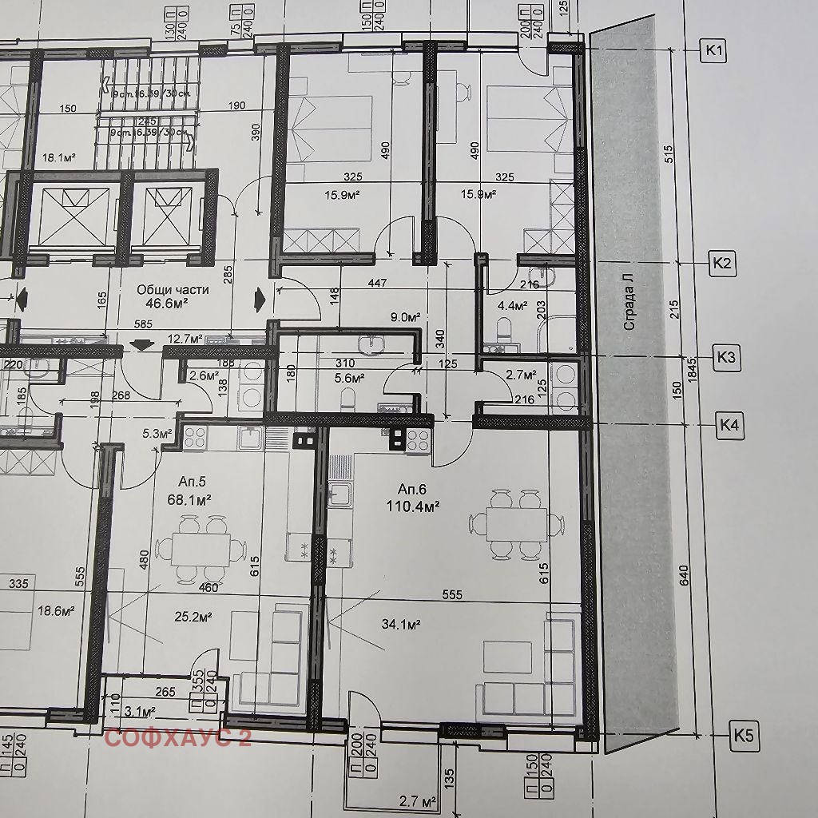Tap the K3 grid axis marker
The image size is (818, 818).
pos(725,358)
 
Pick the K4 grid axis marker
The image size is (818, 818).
pos(729,424)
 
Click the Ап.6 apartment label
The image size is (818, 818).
pos(415,489)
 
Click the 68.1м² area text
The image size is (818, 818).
pos(189,501)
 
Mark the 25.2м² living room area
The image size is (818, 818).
pos(192,617)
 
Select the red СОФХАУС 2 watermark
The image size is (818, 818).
pos(177,737)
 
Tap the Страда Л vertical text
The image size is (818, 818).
pos(629,301)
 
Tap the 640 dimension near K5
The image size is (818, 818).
pos(684,575)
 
